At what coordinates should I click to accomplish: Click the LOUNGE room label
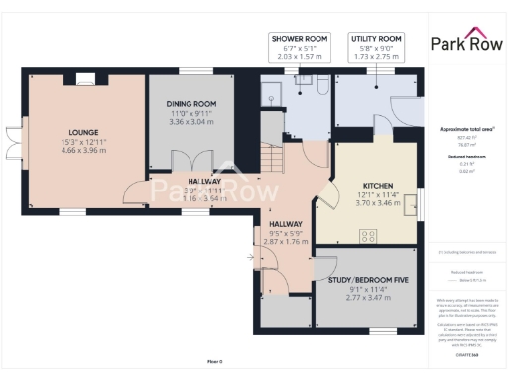83,131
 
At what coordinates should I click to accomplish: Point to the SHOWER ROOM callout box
299,47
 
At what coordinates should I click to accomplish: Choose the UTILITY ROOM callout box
375,47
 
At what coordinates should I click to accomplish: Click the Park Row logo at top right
464,42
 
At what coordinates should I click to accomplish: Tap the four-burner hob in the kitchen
369,235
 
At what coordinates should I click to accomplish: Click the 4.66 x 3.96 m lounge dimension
83,151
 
